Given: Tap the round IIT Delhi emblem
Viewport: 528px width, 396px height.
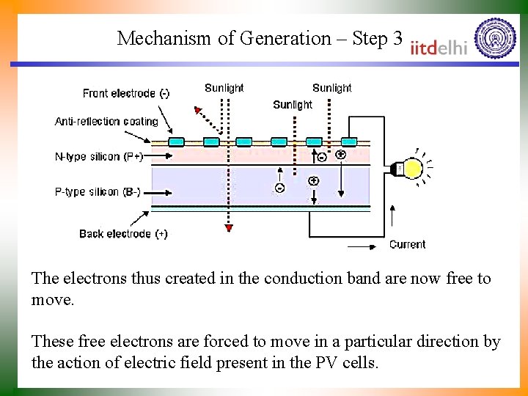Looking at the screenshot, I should tap(496, 38).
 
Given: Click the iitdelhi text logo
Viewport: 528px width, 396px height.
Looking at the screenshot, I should tap(439, 47).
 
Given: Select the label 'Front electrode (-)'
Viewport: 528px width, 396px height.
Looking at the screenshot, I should tap(126, 93).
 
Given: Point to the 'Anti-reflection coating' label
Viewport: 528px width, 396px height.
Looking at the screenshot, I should tap(106, 122).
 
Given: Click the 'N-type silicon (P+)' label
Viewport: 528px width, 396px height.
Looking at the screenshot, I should tap(99, 156).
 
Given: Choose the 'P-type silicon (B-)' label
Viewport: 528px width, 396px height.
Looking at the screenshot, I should tap(98, 192).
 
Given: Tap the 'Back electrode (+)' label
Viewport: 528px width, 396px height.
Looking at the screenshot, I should tap(123, 234).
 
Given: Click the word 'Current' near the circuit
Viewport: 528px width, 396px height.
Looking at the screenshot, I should tap(407, 244).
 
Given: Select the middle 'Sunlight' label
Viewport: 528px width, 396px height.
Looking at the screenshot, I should tap(293, 105).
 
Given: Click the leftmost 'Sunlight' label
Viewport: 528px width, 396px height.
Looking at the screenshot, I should tap(224, 88).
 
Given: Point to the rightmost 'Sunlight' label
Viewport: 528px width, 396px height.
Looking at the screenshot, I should tap(331, 88).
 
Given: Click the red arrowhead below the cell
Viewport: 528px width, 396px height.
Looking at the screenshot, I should tap(229, 229).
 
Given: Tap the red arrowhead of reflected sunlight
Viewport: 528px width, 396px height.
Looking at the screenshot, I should tap(197, 111).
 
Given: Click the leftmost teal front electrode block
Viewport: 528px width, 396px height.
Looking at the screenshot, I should tap(177, 142).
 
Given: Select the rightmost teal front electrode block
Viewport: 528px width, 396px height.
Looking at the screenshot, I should tap(349, 142).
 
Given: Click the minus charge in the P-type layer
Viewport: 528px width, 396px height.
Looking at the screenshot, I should tap(279, 188).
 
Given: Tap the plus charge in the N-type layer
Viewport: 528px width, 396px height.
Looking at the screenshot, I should tap(341, 155).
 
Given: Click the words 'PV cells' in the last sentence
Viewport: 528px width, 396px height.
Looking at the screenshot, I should tap(351, 362).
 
